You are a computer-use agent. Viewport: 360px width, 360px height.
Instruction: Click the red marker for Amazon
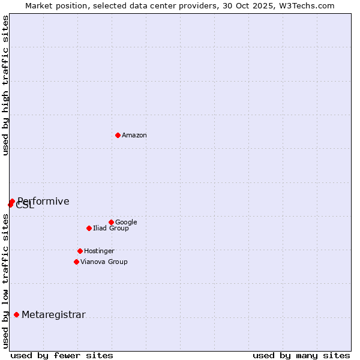point(118,135)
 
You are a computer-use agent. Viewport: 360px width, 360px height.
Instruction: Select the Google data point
point(111,222)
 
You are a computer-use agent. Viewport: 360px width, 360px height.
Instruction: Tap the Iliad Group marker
point(89,228)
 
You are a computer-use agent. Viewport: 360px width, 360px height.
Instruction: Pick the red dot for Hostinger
point(80,251)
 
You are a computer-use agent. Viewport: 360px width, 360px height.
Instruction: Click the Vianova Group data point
point(76,262)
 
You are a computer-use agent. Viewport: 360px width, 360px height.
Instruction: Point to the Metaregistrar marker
point(16,314)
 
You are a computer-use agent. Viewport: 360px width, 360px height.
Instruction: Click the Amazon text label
point(134,136)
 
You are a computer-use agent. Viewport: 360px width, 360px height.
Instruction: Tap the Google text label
point(126,223)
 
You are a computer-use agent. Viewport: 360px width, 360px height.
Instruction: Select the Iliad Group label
point(111,229)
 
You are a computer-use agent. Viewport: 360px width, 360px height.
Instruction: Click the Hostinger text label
point(99,251)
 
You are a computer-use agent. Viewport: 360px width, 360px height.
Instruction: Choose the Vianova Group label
point(104,262)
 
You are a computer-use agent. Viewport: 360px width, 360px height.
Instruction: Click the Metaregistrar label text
point(53,315)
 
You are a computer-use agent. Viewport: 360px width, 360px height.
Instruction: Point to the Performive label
point(43,202)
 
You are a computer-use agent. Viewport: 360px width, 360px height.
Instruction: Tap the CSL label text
point(25,206)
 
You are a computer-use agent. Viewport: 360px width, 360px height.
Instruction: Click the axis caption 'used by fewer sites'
point(62,355)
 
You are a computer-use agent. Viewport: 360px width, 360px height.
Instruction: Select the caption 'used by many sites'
point(301,355)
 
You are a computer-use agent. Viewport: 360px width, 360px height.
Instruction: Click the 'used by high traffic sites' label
point(6,85)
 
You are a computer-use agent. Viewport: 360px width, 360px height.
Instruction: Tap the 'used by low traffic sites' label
point(6,280)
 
